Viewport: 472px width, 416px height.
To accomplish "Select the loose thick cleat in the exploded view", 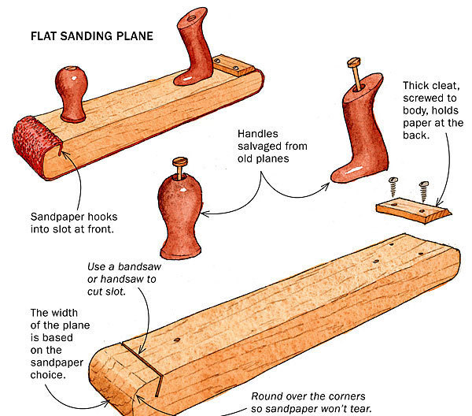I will click(x=412, y=208).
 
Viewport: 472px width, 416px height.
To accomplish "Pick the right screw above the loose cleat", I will click(x=422, y=188).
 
